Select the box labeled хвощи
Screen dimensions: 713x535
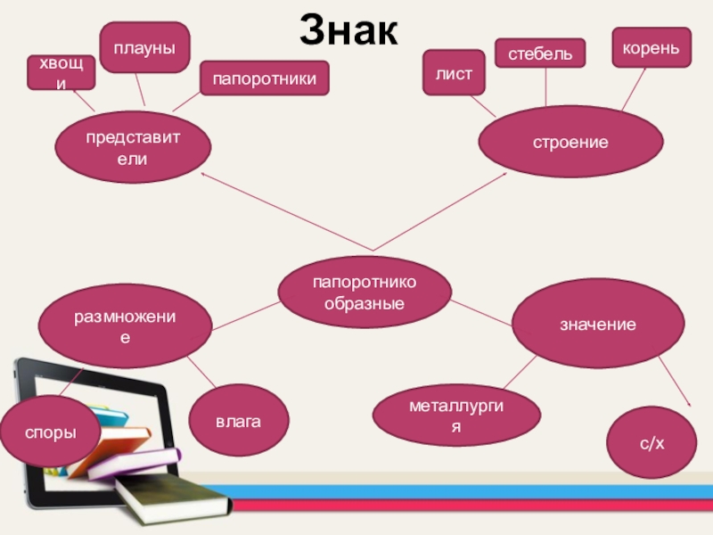[x=61, y=71]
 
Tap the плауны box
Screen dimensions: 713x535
[x=143, y=47]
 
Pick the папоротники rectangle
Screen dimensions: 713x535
[x=264, y=78]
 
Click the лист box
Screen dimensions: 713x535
[x=454, y=72]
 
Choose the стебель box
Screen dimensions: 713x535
[x=540, y=54]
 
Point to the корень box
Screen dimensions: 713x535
[x=651, y=46]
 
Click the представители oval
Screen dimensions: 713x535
[x=133, y=149]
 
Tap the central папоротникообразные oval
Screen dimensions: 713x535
[x=365, y=293]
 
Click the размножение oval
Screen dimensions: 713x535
[x=125, y=327]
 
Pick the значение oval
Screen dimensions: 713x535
[x=597, y=324]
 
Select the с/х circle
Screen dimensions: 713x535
[x=652, y=442]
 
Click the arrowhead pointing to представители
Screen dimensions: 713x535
[x=205, y=176]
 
